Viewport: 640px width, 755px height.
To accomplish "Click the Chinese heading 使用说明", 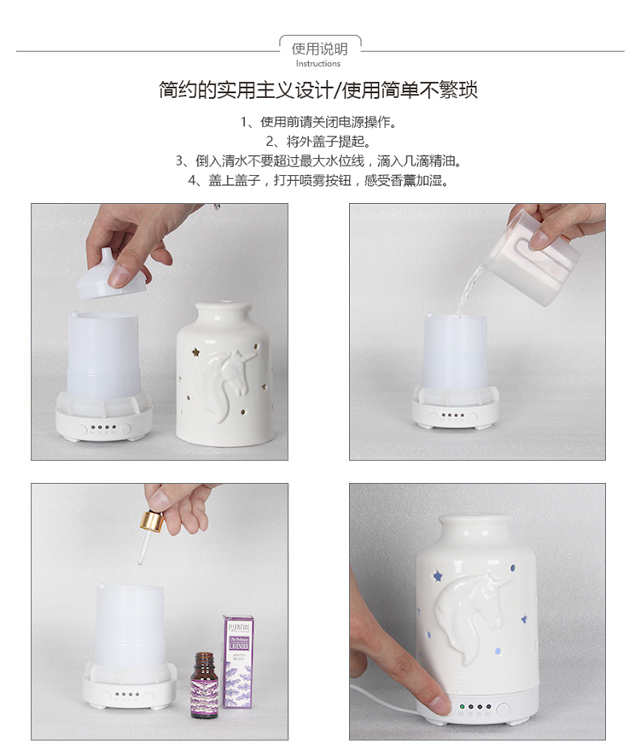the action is (319, 49).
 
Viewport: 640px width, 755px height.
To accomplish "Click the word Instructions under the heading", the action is (317, 64).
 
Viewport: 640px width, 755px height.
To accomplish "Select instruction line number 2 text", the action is (319, 142).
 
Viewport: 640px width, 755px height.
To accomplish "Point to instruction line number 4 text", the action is (319, 181).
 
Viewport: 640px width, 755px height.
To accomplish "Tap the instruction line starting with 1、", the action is (319, 122).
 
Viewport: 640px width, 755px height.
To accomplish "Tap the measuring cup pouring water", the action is (531, 258).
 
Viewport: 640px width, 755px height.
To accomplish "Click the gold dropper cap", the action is (152, 520).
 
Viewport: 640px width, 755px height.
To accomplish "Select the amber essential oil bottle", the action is (203, 685).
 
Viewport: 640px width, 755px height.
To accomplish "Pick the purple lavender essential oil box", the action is (238, 662).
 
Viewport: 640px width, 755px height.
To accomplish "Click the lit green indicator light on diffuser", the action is (462, 707).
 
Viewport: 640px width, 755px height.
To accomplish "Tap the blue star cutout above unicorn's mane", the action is (438, 575).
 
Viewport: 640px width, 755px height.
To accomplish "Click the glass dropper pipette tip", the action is (140, 561).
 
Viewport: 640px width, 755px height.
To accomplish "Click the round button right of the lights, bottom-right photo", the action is (503, 709).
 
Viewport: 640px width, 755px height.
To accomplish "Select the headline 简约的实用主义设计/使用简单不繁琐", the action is (318, 90).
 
